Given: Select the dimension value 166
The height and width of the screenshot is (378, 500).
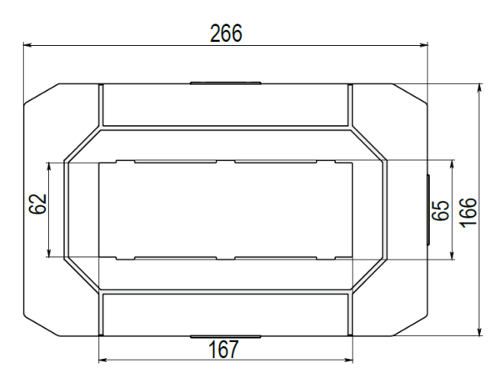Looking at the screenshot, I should click(x=471, y=210).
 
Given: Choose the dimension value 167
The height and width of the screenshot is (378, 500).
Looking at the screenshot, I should click(x=222, y=349).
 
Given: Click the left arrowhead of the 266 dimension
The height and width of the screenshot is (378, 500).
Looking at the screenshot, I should click(x=26, y=46).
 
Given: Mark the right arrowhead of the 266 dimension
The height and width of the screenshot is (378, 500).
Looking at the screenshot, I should click(x=423, y=46).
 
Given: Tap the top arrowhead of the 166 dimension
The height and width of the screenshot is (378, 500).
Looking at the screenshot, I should click(x=480, y=87).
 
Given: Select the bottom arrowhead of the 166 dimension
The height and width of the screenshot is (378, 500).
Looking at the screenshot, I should click(x=480, y=334).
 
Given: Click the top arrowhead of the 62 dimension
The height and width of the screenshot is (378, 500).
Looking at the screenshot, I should click(x=52, y=165).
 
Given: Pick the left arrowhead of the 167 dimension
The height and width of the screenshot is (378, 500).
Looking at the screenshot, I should click(x=102, y=360).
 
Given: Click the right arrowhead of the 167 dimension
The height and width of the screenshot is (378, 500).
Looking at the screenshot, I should click(x=348, y=360).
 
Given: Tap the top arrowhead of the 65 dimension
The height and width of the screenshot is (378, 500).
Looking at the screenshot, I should click(x=451, y=163).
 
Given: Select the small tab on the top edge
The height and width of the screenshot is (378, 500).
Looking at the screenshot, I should click(x=225, y=83).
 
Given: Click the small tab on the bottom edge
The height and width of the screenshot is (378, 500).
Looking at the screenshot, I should click(x=225, y=338).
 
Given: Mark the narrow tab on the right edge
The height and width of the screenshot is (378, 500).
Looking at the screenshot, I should click(x=427, y=210).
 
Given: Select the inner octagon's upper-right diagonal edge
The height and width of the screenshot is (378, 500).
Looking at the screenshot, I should click(x=368, y=143).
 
